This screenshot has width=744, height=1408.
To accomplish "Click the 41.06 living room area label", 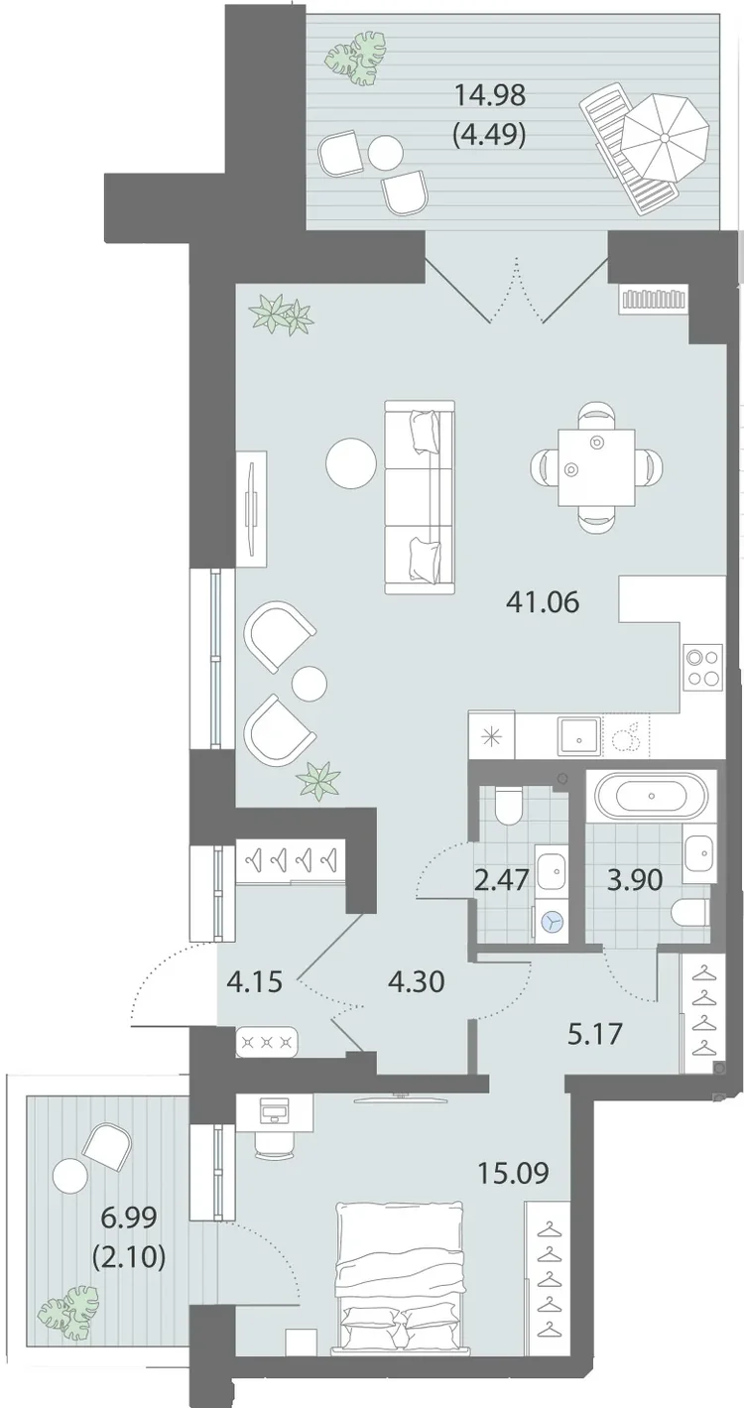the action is pyautogui.click(x=543, y=603).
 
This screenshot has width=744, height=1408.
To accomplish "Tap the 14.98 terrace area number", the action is pyautogui.click(x=489, y=96).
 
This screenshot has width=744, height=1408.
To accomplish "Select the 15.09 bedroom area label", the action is pyautogui.click(x=514, y=1173).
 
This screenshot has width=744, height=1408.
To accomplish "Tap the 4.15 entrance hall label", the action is pyautogui.click(x=254, y=981).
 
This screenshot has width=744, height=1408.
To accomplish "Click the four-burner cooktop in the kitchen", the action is pyautogui.click(x=703, y=668).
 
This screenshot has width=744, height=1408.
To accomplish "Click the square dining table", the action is pyautogui.click(x=596, y=466).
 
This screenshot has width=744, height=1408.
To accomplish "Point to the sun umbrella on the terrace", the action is pyautogui.click(x=666, y=138).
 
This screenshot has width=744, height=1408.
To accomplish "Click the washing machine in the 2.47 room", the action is pyautogui.click(x=552, y=923).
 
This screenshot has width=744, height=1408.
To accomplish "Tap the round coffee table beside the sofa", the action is pyautogui.click(x=351, y=462).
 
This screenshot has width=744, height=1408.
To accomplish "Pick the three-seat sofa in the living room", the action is pyautogui.click(x=420, y=496).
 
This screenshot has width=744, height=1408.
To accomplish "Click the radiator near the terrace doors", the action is pyautogui.click(x=653, y=299).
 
